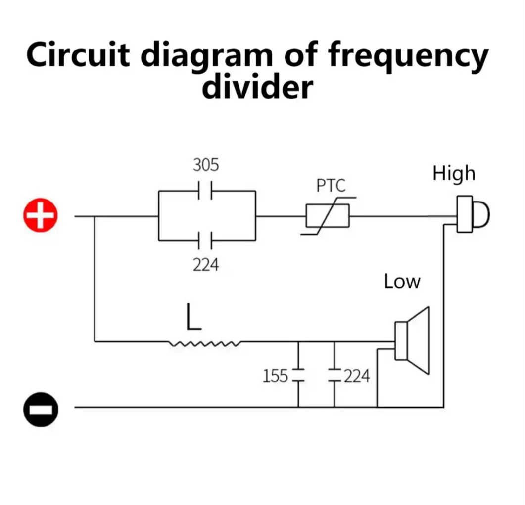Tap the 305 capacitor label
click(x=205, y=165)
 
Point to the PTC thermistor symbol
click(x=328, y=216)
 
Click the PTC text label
click(x=331, y=186)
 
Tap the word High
click(x=453, y=174)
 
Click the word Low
click(x=402, y=282)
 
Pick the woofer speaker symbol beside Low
click(x=412, y=341)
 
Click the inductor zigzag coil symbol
click(x=205, y=342)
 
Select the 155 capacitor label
click(x=275, y=377)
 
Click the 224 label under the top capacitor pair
click(x=205, y=265)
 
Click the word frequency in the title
click(x=408, y=55)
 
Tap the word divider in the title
click(x=257, y=88)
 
